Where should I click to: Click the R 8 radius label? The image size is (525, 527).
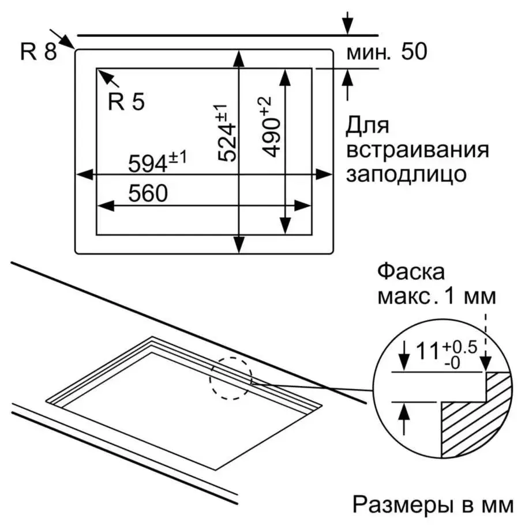tap(38, 52)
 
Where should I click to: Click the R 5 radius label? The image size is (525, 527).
tap(126, 102)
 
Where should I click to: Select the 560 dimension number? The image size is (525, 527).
tap(147, 194)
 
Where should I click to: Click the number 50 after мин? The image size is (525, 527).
tap(414, 52)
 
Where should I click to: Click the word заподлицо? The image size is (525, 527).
tap(406, 173)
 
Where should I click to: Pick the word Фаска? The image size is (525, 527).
tap(411, 272)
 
